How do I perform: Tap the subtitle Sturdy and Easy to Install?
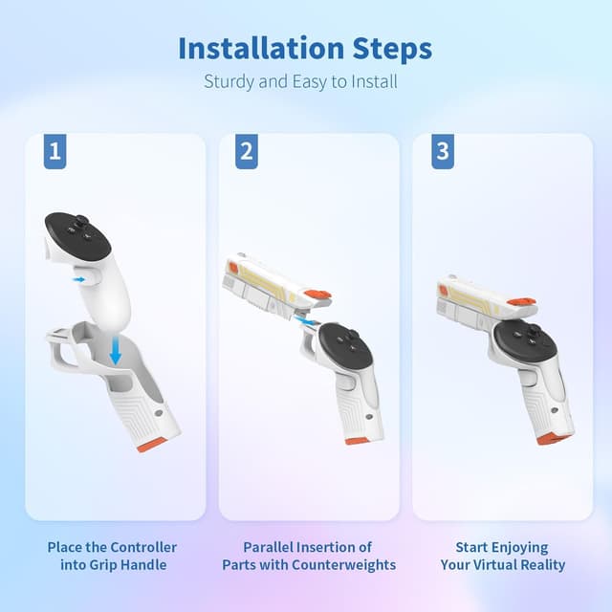[x=300, y=81]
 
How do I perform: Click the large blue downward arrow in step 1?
[x=116, y=351]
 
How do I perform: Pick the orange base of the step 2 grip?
[x=358, y=440]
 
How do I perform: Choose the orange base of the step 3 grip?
[x=552, y=438]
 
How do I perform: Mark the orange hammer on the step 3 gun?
[x=521, y=302]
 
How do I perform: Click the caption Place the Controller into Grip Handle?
[x=112, y=556]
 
